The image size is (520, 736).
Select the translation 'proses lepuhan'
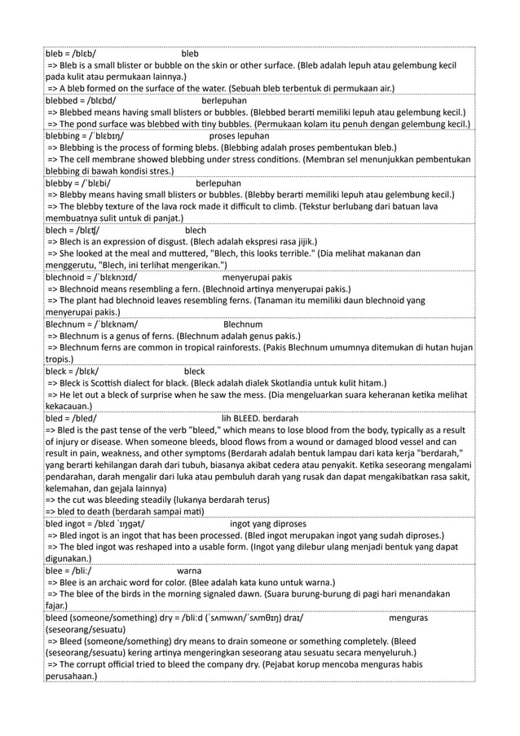click(242, 136)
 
